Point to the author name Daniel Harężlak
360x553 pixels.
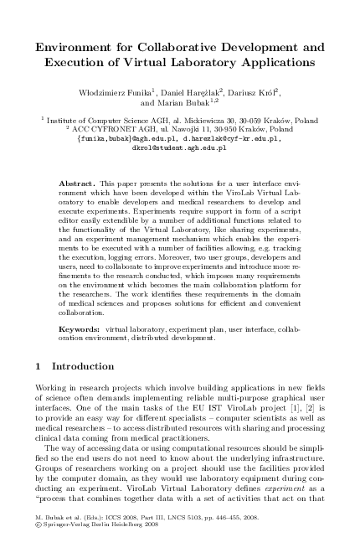(x=203, y=90)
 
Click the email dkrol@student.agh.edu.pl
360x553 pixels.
(x=179, y=147)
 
